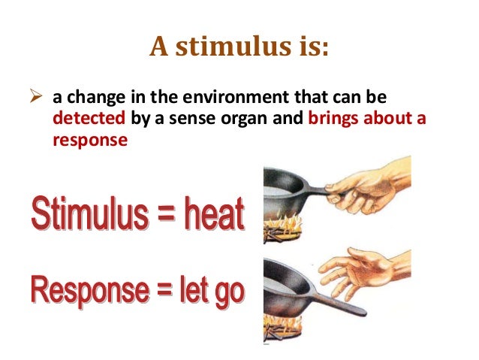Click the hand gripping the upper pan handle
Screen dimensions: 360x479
tap(369, 184)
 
